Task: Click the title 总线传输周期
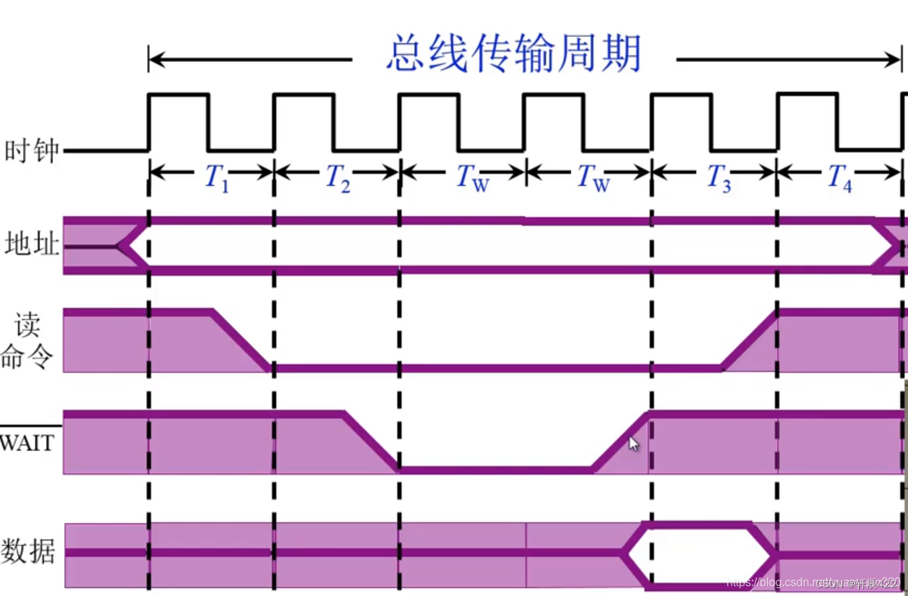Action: tap(513, 55)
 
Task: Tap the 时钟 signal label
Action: tap(30, 151)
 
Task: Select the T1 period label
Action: tap(216, 176)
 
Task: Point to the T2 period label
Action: tap(338, 176)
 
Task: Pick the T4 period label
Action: tap(839, 176)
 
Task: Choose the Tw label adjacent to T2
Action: tap(472, 177)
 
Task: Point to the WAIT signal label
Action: tap(27, 442)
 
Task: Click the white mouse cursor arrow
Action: tap(633, 444)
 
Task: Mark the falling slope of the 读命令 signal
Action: tap(241, 340)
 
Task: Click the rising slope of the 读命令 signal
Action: tap(749, 340)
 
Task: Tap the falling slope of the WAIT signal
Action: tap(371, 441)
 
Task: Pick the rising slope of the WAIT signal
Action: tap(621, 441)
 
